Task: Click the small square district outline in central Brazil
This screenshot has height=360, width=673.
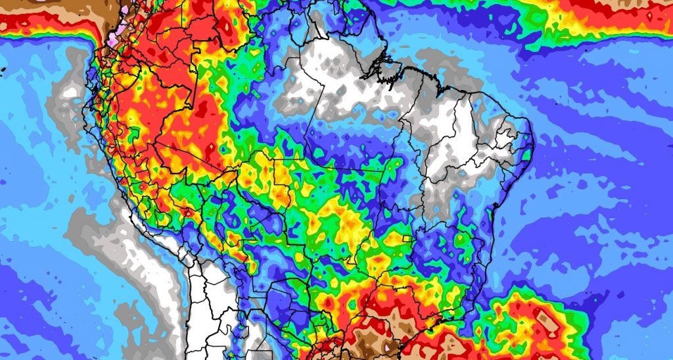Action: coord(407,238)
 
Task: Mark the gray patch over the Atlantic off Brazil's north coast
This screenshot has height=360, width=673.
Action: coord(453,72)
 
